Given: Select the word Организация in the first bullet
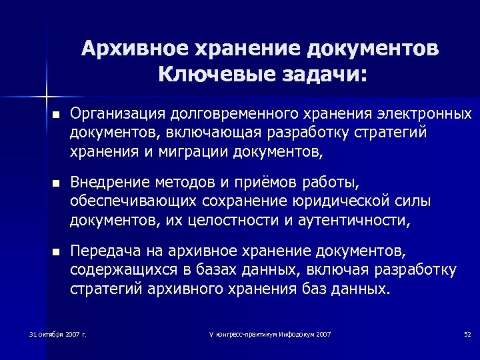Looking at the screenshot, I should click(x=117, y=114).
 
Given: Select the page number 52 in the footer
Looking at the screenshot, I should click(x=467, y=333).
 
